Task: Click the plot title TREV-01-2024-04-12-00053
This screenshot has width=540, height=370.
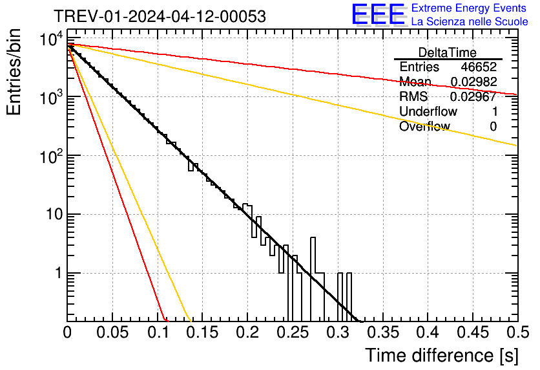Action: point(159,17)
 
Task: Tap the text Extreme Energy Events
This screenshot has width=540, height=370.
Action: point(470,8)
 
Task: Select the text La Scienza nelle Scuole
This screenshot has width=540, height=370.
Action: point(470,22)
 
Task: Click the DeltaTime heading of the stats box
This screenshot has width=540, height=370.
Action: point(447,52)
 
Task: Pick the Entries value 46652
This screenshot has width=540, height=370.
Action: point(479,67)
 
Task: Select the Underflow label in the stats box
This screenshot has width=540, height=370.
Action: point(428,112)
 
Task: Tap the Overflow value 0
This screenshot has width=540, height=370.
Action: point(493,127)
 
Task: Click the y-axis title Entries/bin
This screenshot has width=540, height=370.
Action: point(16,72)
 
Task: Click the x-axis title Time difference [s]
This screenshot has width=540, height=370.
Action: point(441,355)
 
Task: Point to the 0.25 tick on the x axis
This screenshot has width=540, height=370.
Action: point(292,332)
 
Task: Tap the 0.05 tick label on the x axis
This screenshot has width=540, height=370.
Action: point(112,332)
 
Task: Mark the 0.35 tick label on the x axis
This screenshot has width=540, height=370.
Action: point(382,332)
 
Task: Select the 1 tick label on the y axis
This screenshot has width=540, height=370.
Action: point(57,274)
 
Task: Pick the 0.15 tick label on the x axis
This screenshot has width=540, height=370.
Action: point(202,332)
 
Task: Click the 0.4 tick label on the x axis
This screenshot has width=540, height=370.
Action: point(426,332)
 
